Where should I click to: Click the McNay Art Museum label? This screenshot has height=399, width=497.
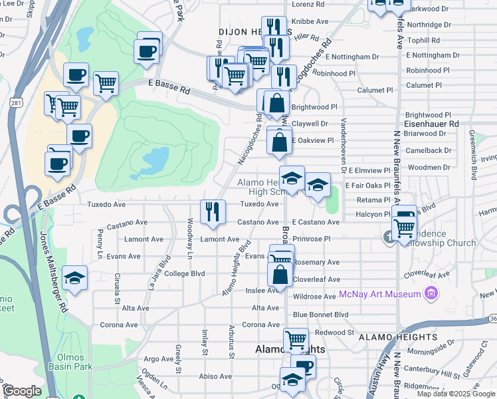pos(380,294)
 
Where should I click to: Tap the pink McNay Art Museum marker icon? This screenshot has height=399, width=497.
pos(432,293)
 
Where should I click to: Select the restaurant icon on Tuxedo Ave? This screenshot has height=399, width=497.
pos(213,211)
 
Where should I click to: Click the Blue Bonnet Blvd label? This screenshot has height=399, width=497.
pos(321,315)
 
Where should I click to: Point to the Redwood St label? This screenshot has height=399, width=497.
pos(335,332)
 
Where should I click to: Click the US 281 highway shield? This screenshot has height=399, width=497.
pos(15,102)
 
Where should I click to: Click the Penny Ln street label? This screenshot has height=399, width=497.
pos(100,237)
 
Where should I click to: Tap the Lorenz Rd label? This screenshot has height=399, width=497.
pos(308,4)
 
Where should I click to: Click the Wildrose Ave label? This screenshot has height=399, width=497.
pos(314,297)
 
